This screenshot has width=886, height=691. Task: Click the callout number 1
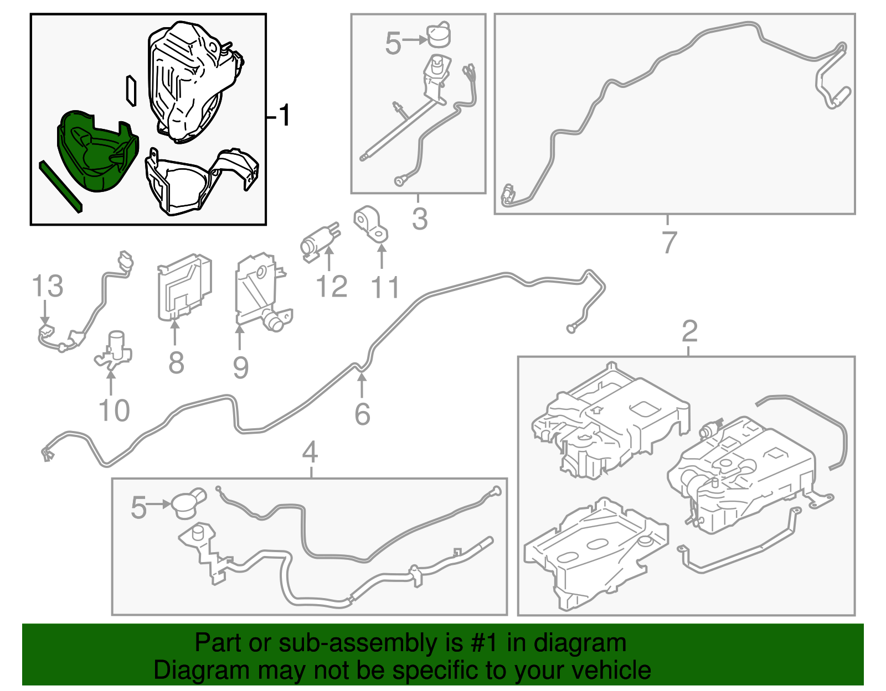tap(284, 115)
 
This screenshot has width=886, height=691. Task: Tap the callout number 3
tap(420, 218)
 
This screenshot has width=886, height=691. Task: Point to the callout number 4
tap(310, 452)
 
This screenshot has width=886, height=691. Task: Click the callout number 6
tap(363, 414)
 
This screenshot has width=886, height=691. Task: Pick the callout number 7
tap(669, 243)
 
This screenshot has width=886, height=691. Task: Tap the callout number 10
tap(115, 410)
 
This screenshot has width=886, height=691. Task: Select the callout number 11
tap(385, 287)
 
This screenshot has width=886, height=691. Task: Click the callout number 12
tap(332, 286)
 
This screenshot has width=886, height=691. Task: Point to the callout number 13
tap(48, 285)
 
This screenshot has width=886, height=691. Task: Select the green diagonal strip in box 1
tap(60, 186)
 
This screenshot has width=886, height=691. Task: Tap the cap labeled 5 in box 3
tap(439, 35)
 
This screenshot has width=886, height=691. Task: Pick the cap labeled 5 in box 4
tap(189, 503)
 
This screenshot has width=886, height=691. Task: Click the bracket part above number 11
tap(370, 225)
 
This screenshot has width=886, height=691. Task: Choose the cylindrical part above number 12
tap(320, 242)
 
